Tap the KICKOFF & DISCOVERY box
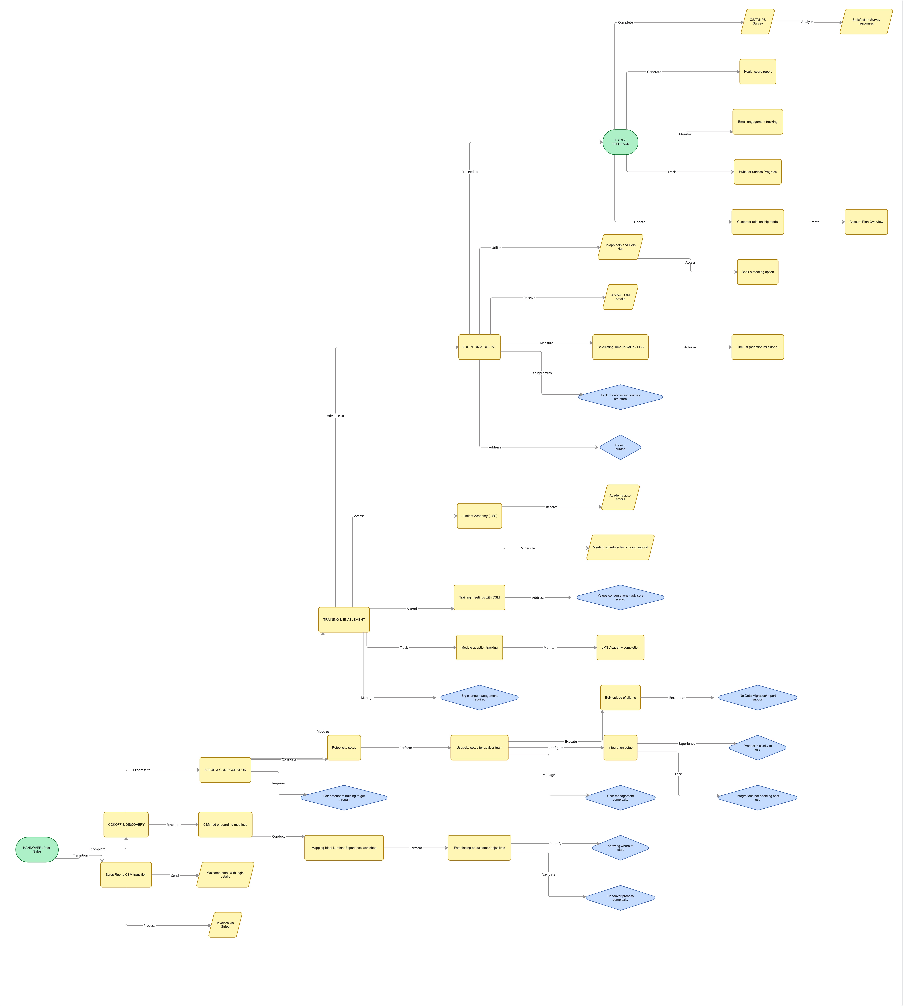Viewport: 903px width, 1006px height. (x=126, y=824)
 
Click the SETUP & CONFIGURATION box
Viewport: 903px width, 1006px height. (x=225, y=770)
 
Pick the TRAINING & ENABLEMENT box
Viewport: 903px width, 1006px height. (x=344, y=620)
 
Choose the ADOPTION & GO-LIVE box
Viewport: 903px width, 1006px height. (x=479, y=347)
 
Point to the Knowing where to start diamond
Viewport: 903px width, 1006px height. (x=620, y=848)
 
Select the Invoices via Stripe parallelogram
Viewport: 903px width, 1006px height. (x=225, y=925)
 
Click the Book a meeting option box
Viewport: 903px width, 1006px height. (x=758, y=272)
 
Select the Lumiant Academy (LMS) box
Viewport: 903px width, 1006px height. (x=479, y=516)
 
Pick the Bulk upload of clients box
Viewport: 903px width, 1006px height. (x=620, y=697)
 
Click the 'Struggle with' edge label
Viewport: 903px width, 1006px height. (x=541, y=373)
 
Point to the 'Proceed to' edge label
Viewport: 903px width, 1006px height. (x=469, y=172)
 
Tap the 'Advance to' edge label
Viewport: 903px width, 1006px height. (x=335, y=416)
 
